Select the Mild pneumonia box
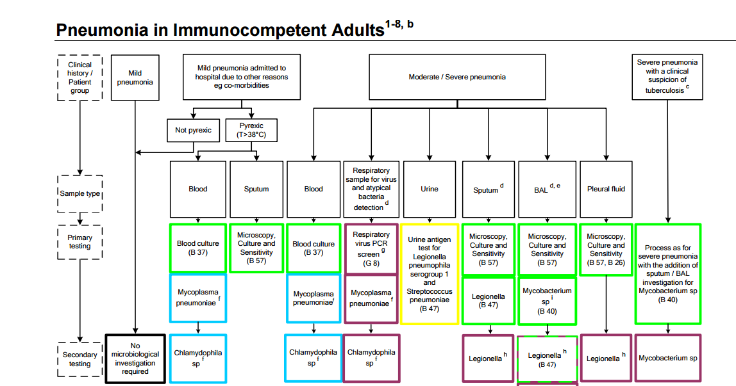click(135, 77)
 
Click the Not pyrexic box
click(194, 130)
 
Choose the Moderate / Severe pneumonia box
click(457, 77)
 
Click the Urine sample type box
click(430, 189)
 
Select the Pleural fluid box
click(606, 189)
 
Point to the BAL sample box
click(547, 189)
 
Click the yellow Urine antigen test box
click(430, 274)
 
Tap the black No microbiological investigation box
click(135, 358)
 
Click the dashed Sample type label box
click(80, 193)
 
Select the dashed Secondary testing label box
click(80, 359)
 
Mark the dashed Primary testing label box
click(80, 241)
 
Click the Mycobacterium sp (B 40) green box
click(547, 301)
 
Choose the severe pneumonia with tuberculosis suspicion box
click(667, 77)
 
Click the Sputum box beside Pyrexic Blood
click(256, 189)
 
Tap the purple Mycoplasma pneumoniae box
click(371, 298)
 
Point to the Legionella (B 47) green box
click(489, 301)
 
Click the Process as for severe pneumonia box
click(667, 274)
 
